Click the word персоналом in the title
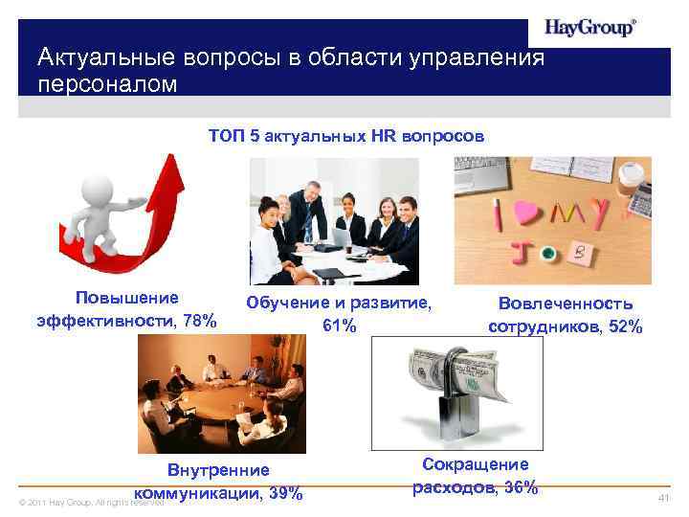[107, 84]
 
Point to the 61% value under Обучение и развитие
[339, 326]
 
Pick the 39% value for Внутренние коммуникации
[286, 493]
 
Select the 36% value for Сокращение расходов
[520, 487]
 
